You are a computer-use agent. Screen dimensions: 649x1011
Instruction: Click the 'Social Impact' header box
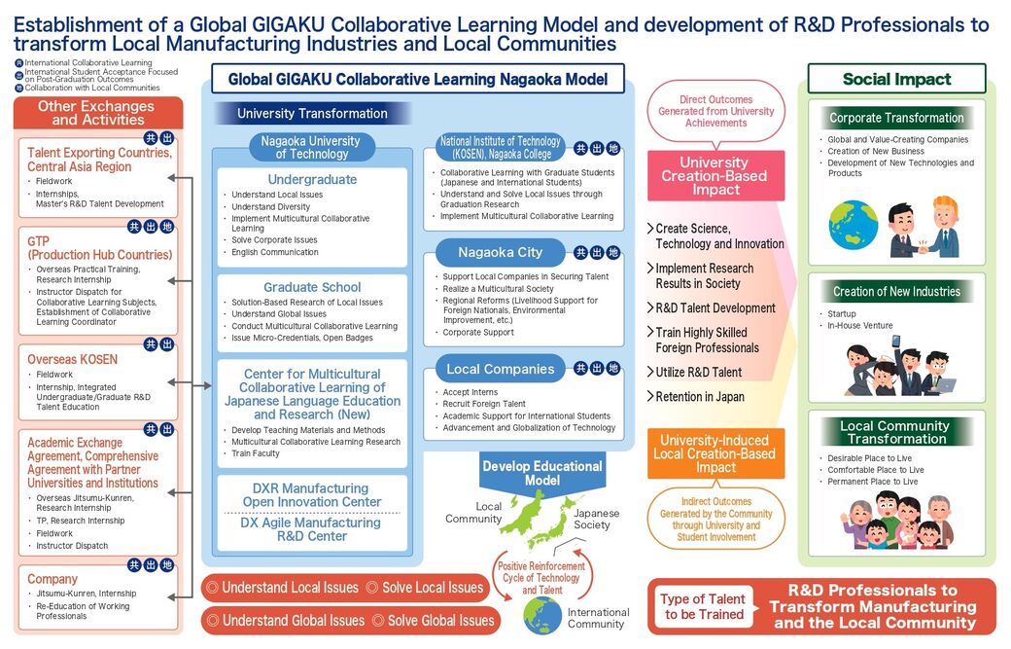tap(896, 79)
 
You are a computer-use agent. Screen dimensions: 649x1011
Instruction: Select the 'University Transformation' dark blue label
tap(312, 114)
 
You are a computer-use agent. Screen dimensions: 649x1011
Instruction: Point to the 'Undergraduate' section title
tap(312, 179)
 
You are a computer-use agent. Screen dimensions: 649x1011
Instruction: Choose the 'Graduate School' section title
tap(312, 287)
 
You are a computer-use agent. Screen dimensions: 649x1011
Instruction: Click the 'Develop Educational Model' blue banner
tap(542, 473)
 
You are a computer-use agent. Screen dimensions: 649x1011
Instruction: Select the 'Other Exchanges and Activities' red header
tap(98, 112)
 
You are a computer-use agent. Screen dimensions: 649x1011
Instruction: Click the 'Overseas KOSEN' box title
tap(72, 359)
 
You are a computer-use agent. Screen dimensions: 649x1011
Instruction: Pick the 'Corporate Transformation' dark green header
tap(896, 118)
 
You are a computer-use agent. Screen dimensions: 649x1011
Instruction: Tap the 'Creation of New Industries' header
tap(896, 291)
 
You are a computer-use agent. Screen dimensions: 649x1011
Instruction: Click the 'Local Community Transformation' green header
tap(896, 432)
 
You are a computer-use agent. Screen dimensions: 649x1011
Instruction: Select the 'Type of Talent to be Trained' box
tap(703, 606)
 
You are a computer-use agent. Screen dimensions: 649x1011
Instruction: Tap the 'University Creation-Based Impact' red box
tap(715, 176)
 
